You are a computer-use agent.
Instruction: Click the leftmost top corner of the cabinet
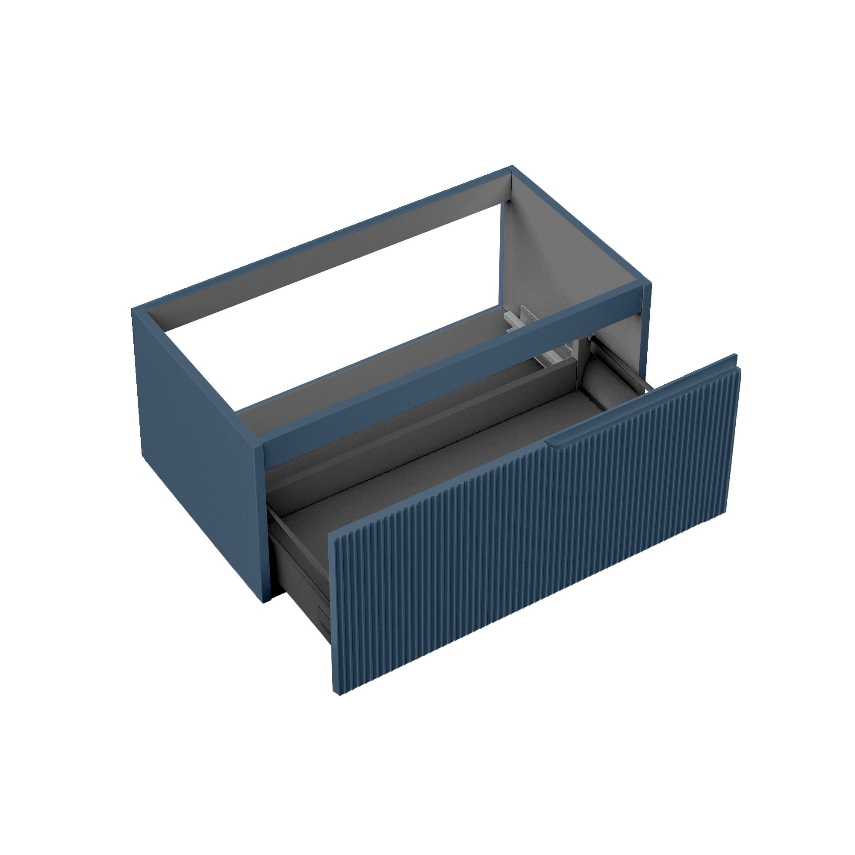click(133, 309)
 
